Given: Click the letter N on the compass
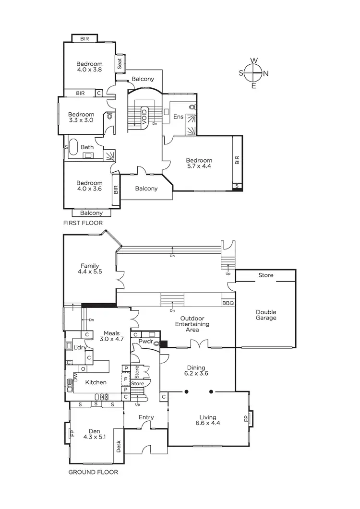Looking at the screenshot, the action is [266, 73].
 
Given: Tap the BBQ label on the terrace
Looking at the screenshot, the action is [228, 303].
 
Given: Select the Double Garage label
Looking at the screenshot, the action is [266, 314].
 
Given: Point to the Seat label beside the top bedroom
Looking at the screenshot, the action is [120, 63].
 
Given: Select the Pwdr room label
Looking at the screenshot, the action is [145, 342].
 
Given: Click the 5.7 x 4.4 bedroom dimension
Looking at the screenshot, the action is [199, 166].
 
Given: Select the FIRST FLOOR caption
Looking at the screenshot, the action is [83, 223].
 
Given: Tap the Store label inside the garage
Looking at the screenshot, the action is [265, 275].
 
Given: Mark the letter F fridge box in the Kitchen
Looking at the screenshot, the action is [126, 379].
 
